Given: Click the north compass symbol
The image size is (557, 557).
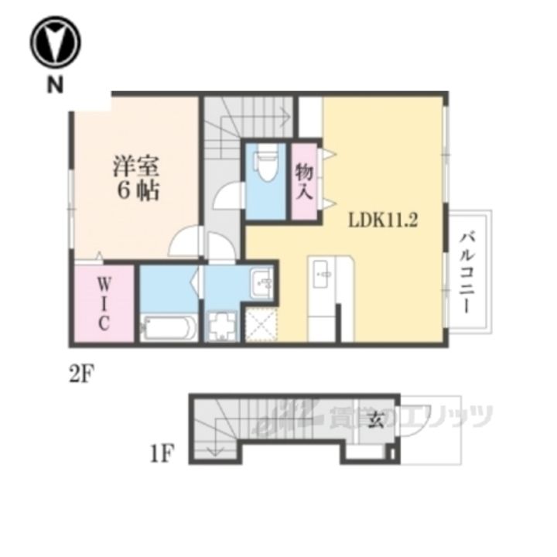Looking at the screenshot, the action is (56, 42).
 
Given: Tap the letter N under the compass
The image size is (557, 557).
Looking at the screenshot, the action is (56, 85).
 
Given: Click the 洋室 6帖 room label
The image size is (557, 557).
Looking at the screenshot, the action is (136, 178).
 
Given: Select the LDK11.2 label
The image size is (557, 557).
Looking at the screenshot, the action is (383, 220).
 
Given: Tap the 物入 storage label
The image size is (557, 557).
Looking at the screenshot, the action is (305, 182).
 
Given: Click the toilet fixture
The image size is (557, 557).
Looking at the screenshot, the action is (267, 162).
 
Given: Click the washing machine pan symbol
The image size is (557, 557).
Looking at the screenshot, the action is (223, 326).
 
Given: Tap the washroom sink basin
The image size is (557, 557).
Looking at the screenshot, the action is (261, 283).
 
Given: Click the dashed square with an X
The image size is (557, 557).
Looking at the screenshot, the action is (261, 325).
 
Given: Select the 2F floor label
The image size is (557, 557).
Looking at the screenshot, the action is (82, 374).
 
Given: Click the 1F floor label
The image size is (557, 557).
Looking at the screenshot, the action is (162, 453).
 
